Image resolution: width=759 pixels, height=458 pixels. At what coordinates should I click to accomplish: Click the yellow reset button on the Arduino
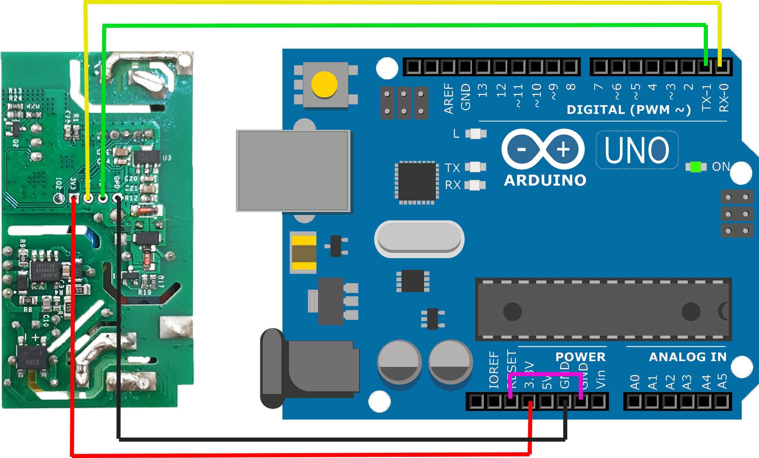(x=324, y=85)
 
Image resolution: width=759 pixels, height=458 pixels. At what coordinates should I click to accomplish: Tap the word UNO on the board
(x=637, y=150)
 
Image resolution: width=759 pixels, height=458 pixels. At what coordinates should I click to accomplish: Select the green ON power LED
(x=696, y=167)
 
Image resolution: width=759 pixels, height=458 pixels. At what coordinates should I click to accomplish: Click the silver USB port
(x=293, y=171)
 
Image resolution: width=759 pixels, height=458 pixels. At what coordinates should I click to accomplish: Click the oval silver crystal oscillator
(x=419, y=239)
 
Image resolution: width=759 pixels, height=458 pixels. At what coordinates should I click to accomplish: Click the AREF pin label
(x=449, y=99)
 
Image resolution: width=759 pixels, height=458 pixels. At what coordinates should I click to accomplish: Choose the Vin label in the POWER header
(x=600, y=379)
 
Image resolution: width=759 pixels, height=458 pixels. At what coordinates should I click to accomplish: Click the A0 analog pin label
(x=634, y=382)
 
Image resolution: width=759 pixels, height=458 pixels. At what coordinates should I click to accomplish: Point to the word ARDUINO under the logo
(x=545, y=180)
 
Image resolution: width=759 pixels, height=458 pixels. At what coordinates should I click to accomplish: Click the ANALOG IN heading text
(x=688, y=357)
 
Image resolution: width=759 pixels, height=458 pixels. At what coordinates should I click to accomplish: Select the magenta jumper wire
(x=546, y=374)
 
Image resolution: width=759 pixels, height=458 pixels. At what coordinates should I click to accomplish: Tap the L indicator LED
(x=475, y=133)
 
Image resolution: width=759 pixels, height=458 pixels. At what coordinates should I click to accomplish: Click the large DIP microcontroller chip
(x=603, y=310)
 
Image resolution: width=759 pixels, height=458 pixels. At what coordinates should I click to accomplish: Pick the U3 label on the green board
(x=167, y=157)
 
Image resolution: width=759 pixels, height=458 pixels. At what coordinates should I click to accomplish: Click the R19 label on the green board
(x=144, y=292)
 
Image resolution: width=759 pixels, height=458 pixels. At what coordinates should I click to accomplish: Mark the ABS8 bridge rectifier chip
(x=32, y=362)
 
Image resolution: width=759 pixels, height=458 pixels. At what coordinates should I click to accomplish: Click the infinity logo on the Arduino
(x=543, y=149)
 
